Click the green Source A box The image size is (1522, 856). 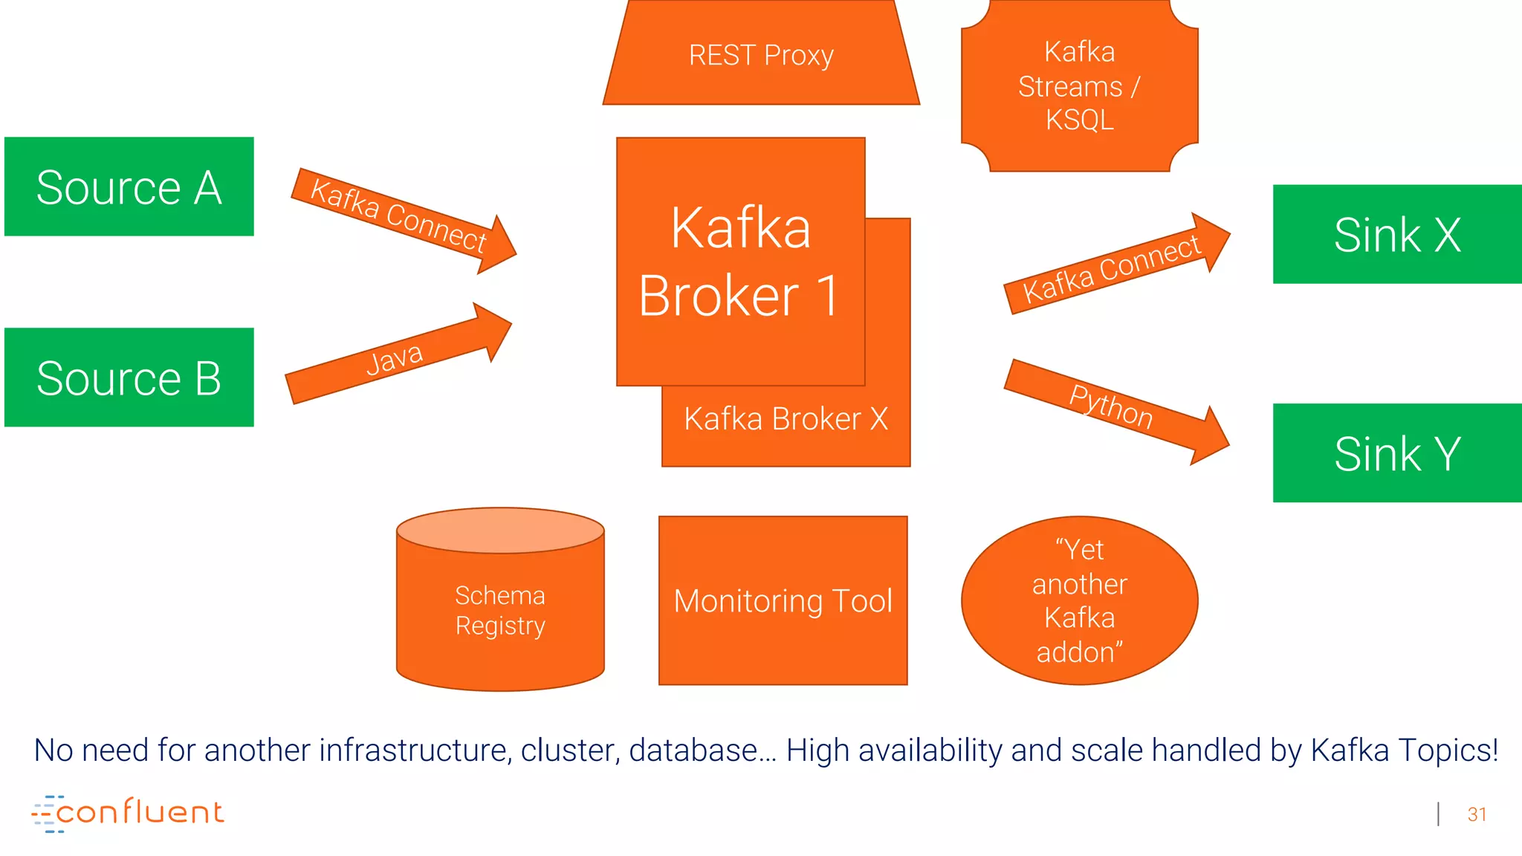tap(129, 187)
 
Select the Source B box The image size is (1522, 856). tap(129, 377)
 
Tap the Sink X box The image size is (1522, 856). tap(1397, 234)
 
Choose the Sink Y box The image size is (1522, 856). tap(1397, 453)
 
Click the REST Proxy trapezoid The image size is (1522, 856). tap(761, 56)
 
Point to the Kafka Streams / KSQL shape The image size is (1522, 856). tap(1079, 85)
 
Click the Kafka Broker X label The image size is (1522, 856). tap(786, 419)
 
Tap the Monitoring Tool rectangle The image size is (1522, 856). tap(783, 600)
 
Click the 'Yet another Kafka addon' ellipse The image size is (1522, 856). tap(1079, 600)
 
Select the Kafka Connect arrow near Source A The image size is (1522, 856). tap(398, 215)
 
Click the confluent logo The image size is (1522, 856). tap(128, 813)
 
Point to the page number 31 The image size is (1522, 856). tap(1477, 814)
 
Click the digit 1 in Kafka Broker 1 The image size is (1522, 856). tap(827, 296)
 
